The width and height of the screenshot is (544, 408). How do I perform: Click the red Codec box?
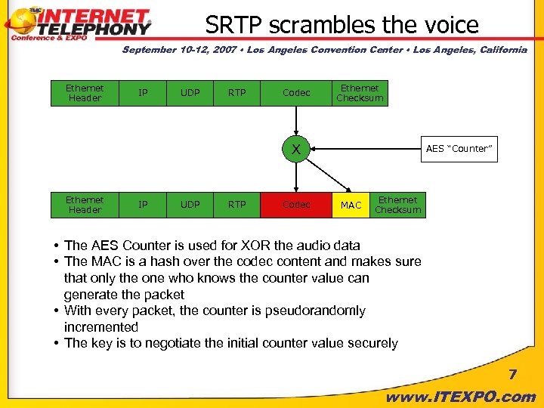[296, 205]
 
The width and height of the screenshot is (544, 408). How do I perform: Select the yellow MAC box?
[351, 205]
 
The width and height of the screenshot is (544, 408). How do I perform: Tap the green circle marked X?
[296, 149]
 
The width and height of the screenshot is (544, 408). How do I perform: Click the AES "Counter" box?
[459, 148]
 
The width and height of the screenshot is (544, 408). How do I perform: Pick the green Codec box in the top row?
[296, 93]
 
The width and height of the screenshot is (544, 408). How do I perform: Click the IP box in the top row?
[143, 93]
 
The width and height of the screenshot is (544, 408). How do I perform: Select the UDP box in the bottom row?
[190, 205]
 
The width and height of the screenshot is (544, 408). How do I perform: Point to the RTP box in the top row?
[237, 93]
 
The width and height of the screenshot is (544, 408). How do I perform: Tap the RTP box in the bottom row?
[237, 205]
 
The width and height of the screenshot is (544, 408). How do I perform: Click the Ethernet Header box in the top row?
[85, 93]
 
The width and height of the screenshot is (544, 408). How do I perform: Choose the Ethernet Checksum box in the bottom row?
[397, 205]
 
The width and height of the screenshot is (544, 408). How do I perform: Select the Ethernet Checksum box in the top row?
[360, 93]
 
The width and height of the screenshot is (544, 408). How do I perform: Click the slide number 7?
[512, 375]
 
